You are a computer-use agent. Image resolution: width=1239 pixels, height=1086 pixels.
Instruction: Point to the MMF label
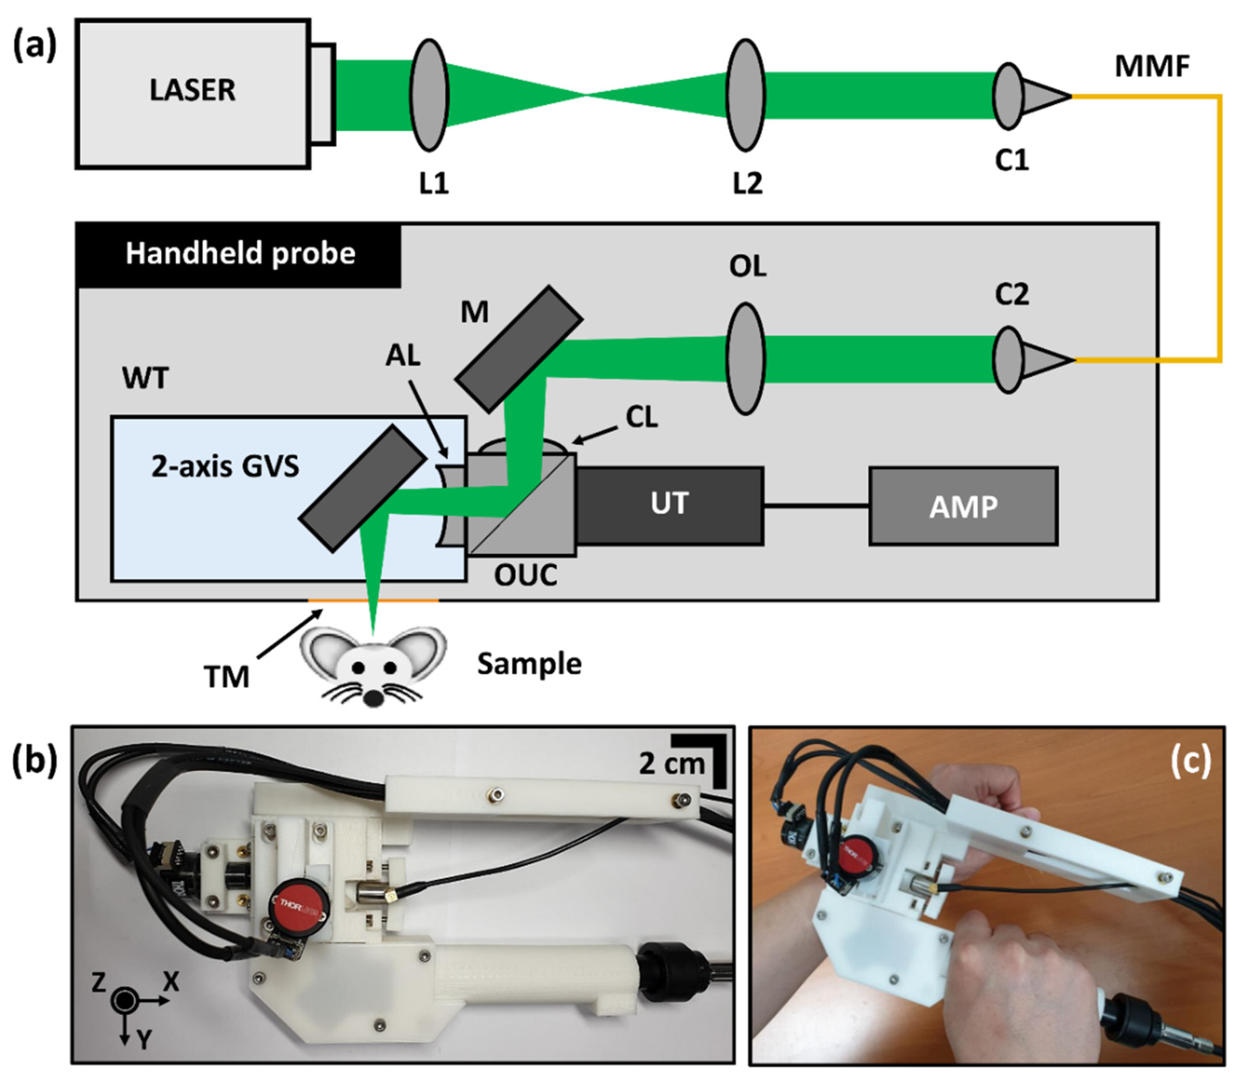1152,67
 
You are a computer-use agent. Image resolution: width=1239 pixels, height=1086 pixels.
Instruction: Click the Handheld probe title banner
239,254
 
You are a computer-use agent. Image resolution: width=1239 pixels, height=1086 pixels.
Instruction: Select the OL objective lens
746,359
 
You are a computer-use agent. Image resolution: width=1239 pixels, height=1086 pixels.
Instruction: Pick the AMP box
963,507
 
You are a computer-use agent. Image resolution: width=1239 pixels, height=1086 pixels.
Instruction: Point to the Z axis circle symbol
124,1000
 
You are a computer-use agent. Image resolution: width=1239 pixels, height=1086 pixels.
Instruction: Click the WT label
146,379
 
